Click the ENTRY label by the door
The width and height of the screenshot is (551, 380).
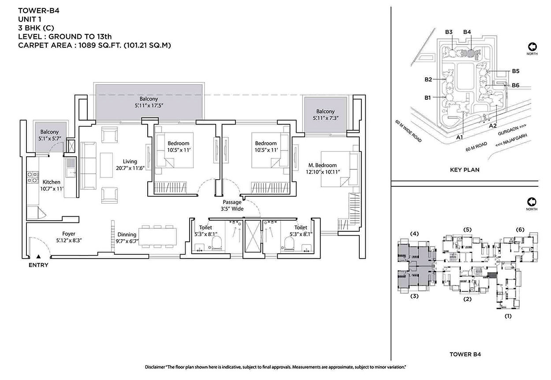38,265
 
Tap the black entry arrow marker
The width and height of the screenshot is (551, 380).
39,256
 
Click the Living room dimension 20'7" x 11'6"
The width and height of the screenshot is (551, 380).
130,168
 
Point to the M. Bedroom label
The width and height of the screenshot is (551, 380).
323,165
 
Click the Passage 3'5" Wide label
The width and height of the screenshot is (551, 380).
232,206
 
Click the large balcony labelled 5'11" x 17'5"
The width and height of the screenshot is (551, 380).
149,102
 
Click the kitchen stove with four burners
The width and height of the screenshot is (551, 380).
32,177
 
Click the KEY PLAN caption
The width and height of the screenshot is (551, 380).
465,169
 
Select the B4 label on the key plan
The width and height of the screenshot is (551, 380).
467,32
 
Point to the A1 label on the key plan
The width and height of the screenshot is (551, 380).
459,137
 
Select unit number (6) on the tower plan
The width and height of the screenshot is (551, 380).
520,229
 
